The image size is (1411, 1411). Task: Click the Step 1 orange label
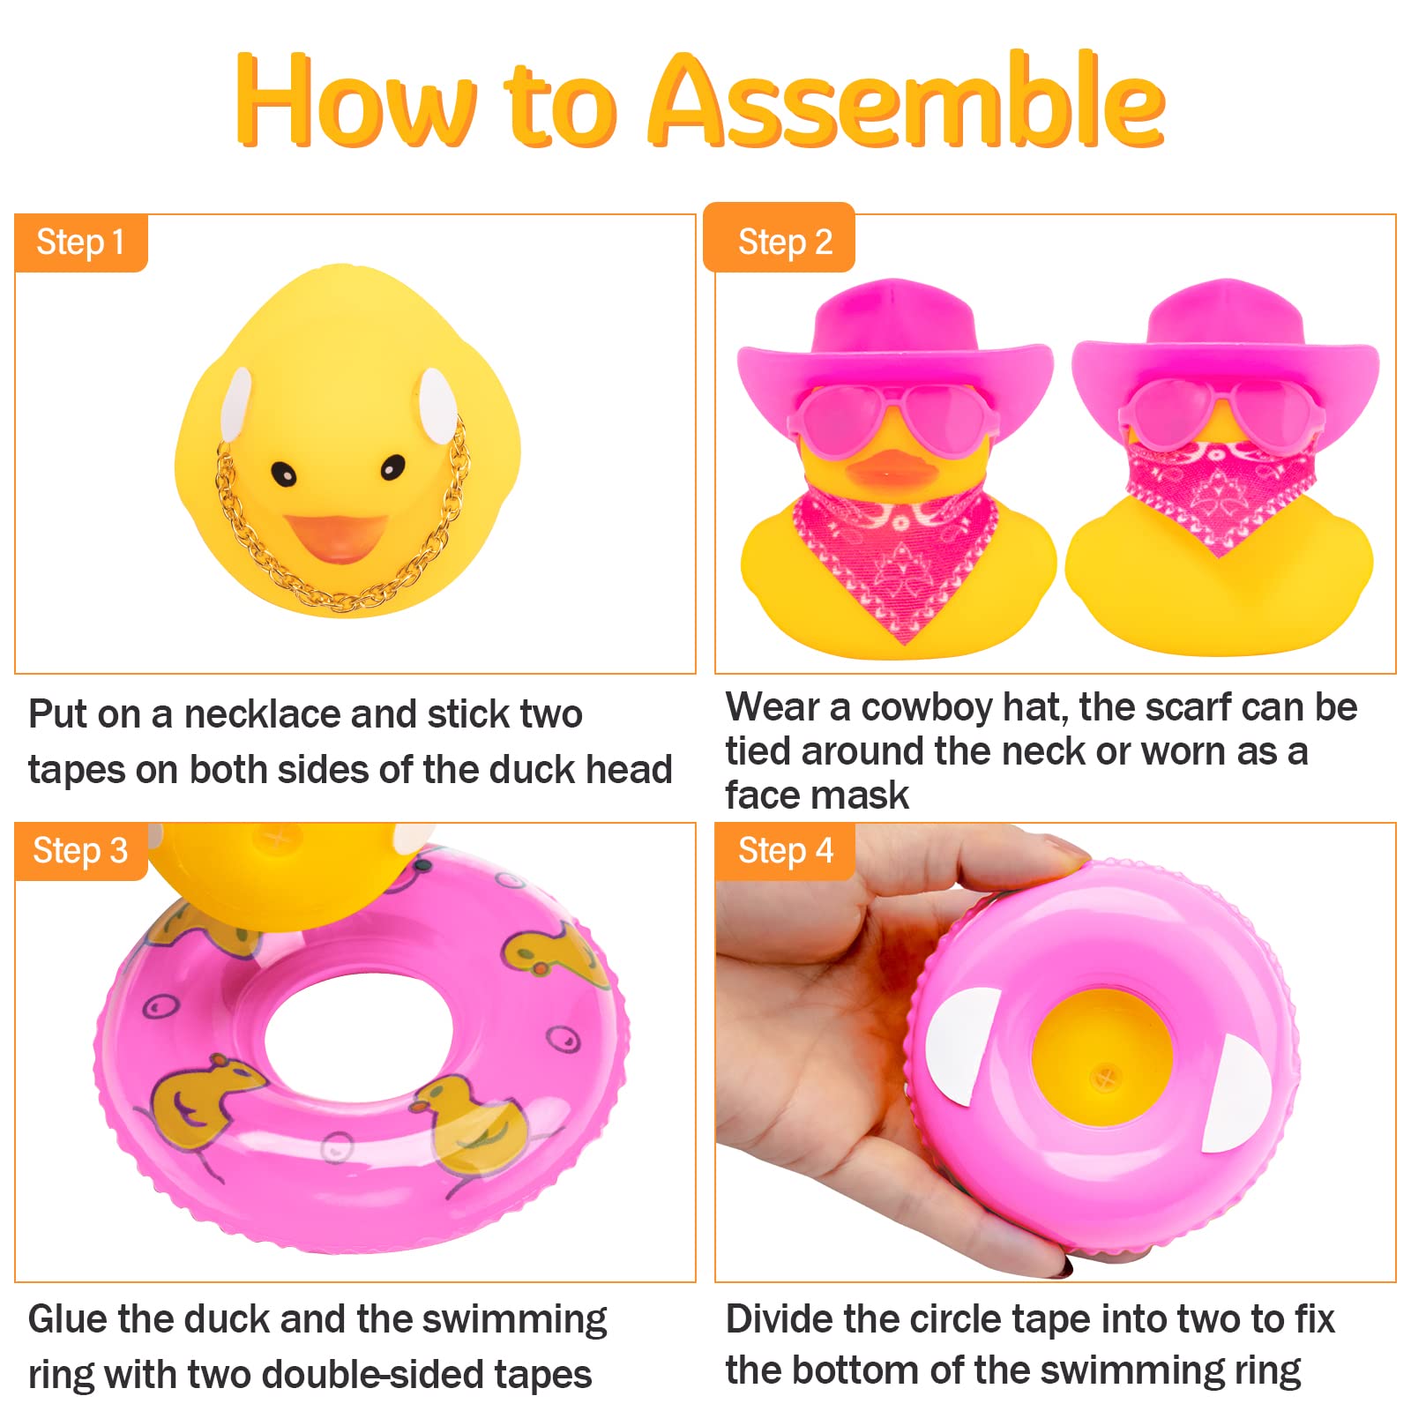click(80, 243)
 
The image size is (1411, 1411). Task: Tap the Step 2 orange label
click(784, 242)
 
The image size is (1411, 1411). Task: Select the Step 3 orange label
click(80, 851)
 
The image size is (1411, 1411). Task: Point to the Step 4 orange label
click(784, 851)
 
